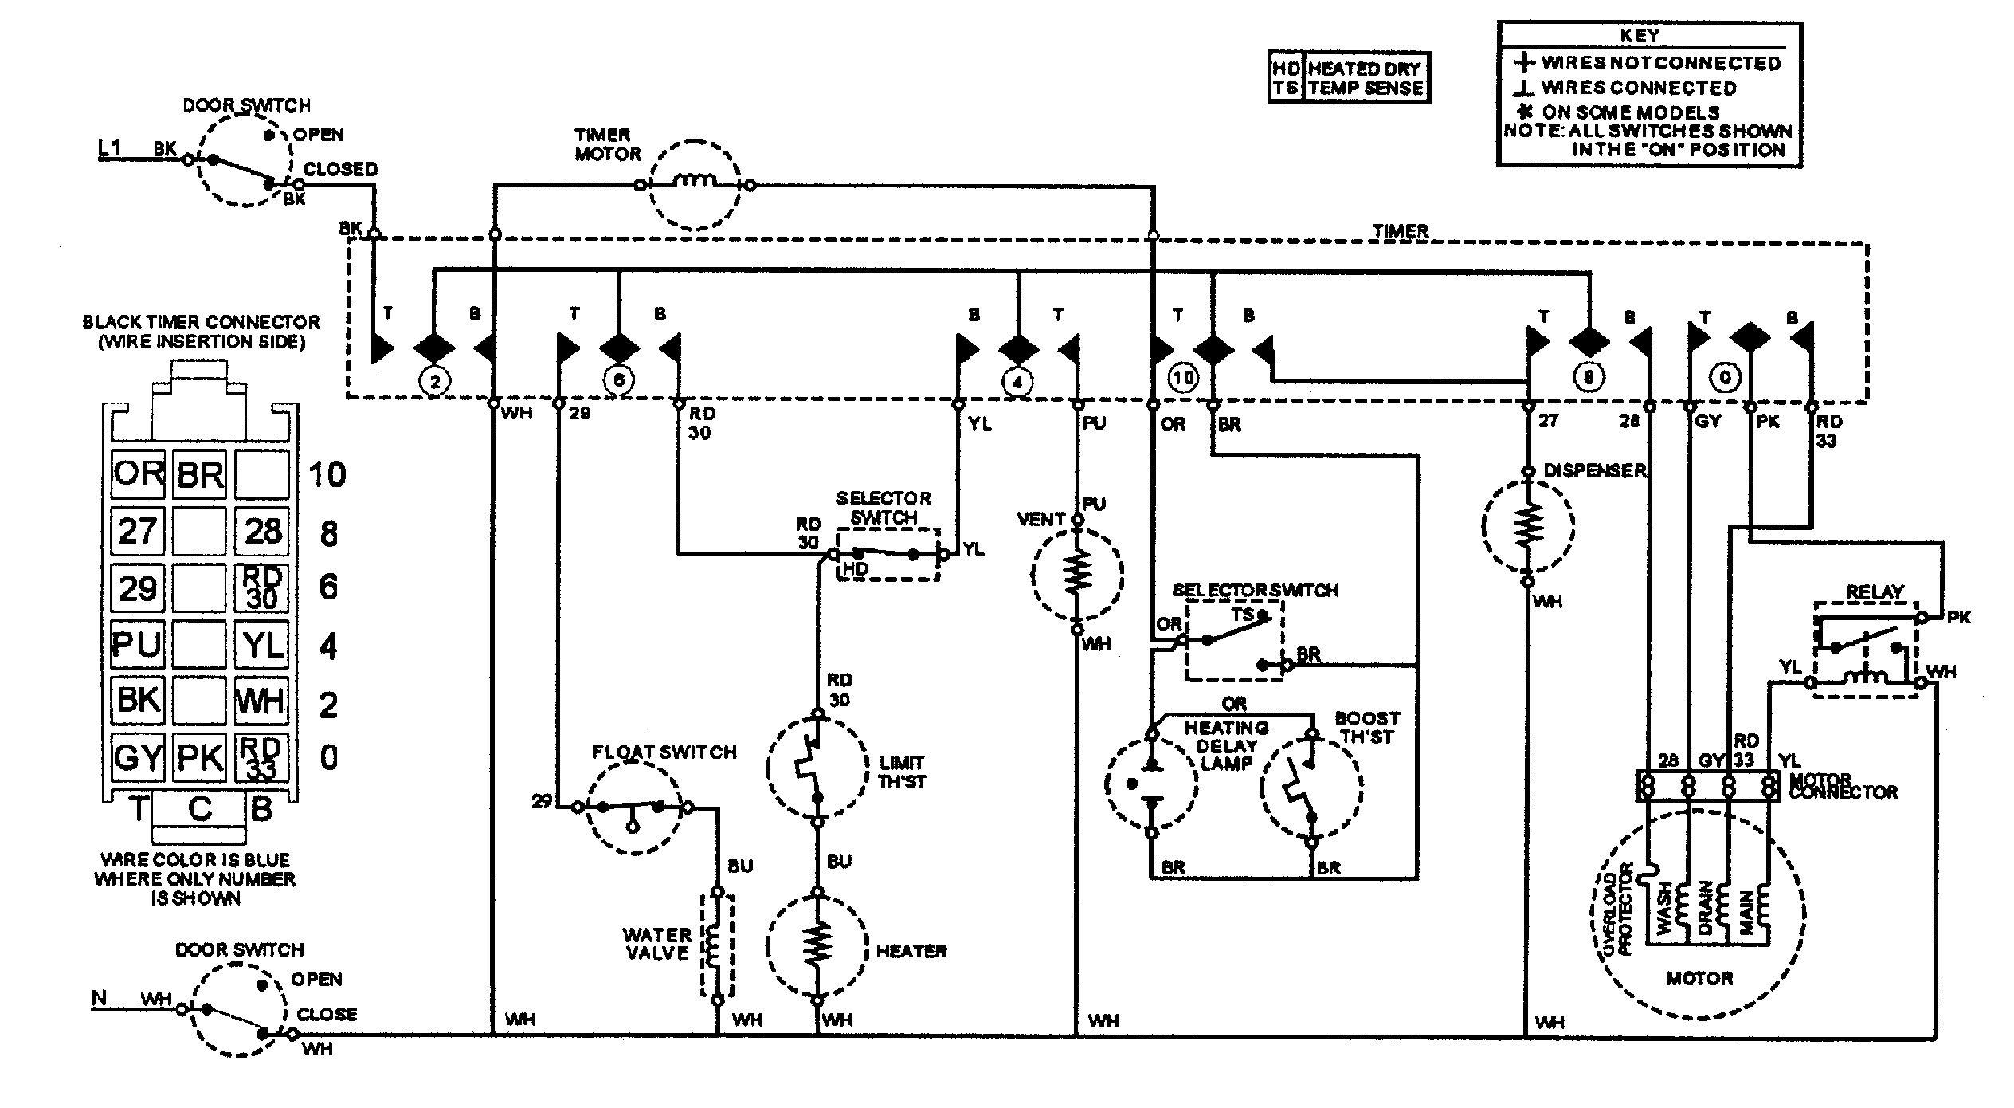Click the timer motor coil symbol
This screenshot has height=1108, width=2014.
[695, 184]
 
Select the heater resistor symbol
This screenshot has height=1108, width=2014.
[817, 945]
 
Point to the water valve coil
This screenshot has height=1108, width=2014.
[716, 945]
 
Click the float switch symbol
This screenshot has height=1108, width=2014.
[634, 808]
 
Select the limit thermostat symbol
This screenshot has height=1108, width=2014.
[817, 768]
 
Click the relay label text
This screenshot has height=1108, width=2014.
[1875, 592]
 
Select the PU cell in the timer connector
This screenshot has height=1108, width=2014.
[138, 644]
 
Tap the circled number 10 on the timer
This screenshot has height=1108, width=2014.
[1183, 377]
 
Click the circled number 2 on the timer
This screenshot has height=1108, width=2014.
[435, 382]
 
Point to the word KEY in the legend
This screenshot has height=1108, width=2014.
[1640, 36]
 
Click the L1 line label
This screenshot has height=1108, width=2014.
[109, 147]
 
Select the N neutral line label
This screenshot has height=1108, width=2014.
[100, 998]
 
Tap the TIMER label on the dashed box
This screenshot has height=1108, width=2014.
[1400, 231]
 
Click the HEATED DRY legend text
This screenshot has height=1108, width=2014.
[1365, 69]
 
